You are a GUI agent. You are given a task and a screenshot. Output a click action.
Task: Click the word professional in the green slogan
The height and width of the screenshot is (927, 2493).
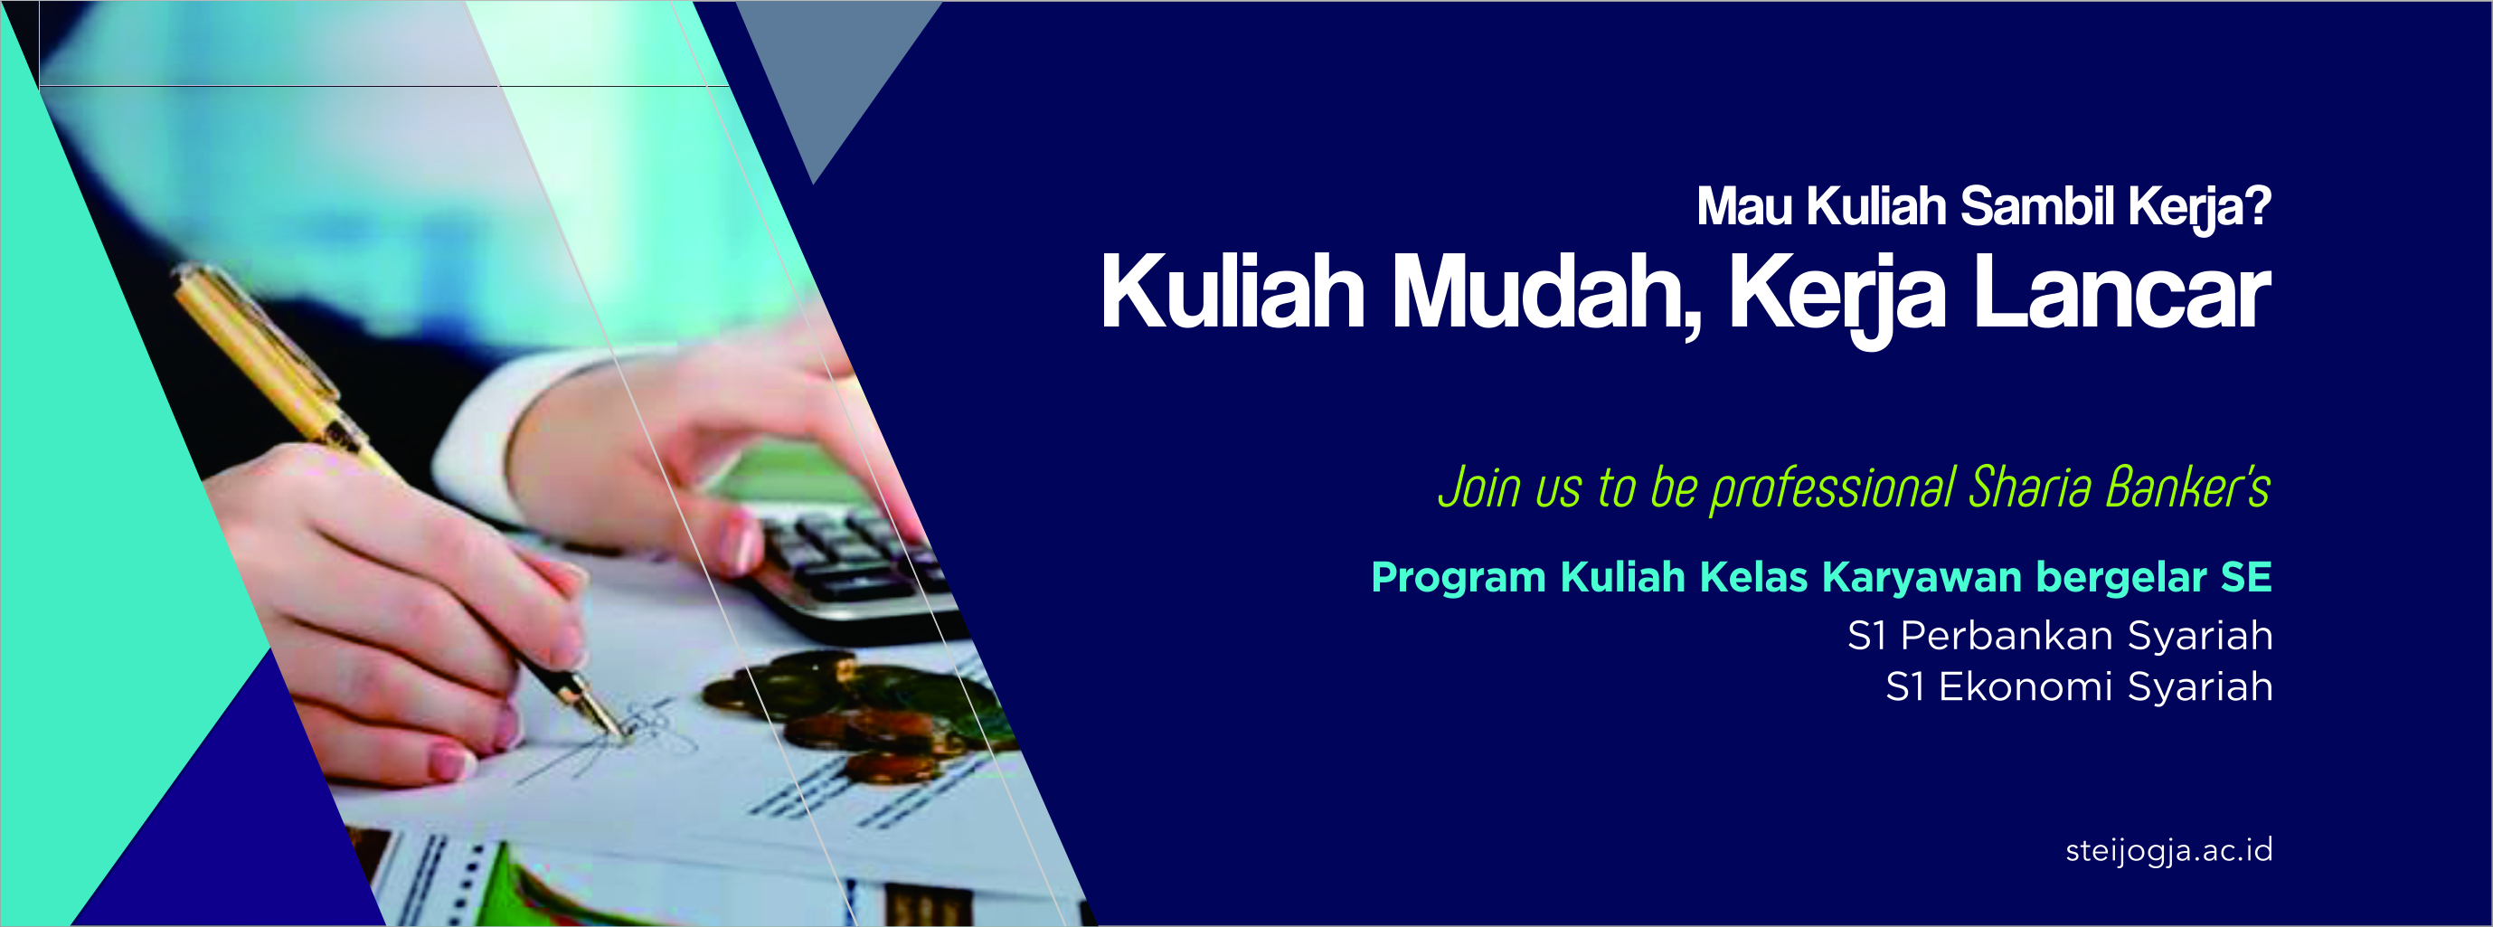(x=1833, y=487)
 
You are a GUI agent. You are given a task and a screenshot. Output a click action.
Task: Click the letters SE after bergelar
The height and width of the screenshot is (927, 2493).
(x=2246, y=577)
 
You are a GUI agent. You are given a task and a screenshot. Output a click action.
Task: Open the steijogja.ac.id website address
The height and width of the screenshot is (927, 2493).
(x=2168, y=850)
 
